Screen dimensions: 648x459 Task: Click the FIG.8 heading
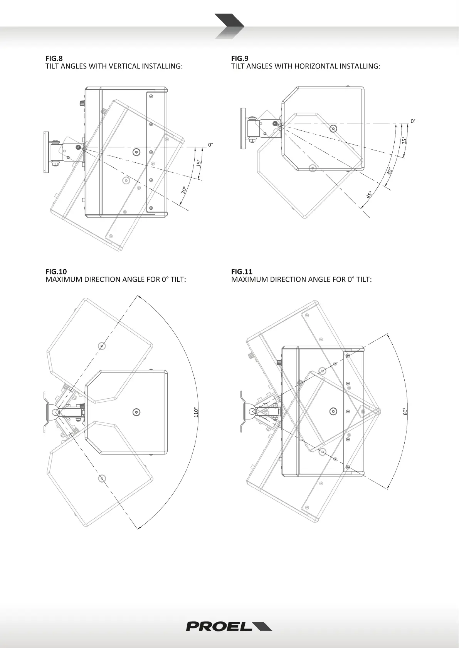coord(54,58)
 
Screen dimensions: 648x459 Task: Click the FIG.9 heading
coord(240,58)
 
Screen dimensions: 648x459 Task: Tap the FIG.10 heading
coord(56,272)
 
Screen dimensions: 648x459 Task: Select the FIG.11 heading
coord(242,272)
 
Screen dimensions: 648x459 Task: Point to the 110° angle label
coord(196,412)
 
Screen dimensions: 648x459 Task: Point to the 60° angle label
coord(405,411)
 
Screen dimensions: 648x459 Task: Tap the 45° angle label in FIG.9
coord(369,195)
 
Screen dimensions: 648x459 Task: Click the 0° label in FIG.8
coord(210,145)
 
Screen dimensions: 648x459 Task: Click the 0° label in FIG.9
coord(413,121)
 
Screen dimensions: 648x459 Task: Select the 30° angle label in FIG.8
coord(184,190)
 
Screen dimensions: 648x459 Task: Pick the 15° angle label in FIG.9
coord(404,140)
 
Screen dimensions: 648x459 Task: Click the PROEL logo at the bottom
coord(229,626)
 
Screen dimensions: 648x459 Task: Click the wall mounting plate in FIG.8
coord(46,153)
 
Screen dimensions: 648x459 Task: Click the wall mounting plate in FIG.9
coord(243,129)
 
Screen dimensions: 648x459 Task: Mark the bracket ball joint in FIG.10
coord(55,412)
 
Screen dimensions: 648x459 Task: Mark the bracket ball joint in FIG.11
coord(252,411)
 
